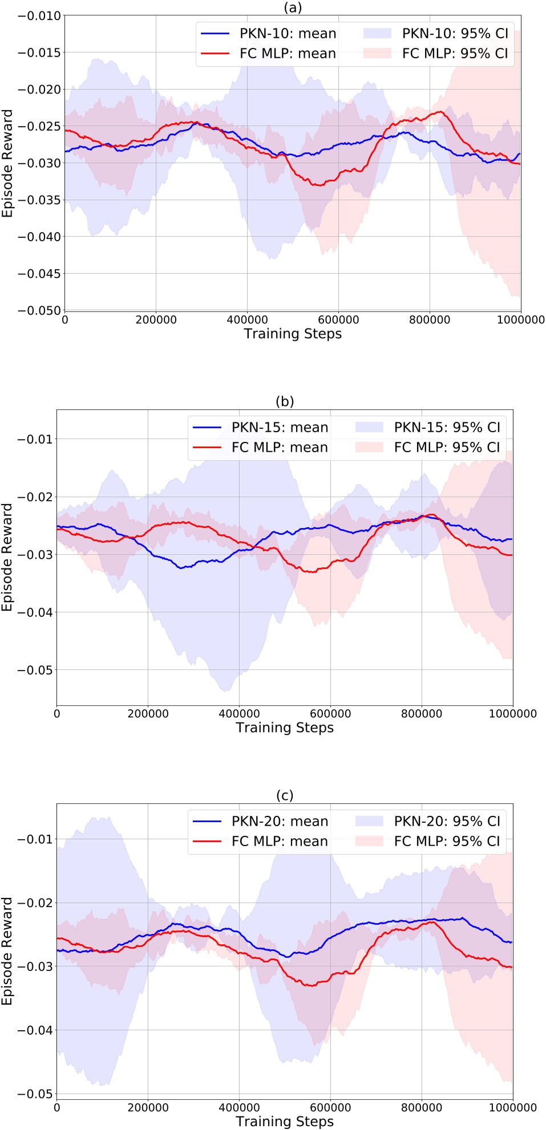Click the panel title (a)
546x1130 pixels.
(293, 7)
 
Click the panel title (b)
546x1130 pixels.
(285, 401)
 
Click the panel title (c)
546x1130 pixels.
(285, 795)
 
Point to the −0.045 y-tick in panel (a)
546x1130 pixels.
(39, 274)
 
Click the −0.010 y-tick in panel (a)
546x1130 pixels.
(39, 16)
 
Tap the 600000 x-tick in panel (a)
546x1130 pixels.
(338, 320)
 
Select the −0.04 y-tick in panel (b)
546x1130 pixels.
(35, 613)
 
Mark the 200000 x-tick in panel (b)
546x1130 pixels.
(148, 714)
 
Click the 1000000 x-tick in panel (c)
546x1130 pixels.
(512, 1108)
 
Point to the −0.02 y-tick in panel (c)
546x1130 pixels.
(35, 903)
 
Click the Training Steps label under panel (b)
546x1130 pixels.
(285, 728)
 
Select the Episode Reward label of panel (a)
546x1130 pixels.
(7, 163)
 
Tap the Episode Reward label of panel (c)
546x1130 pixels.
(7, 951)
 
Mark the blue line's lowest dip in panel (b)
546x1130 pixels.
(181, 568)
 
